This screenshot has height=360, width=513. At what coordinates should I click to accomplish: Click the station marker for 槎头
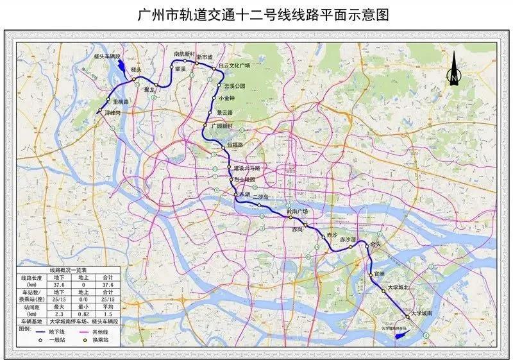click(x=134, y=79)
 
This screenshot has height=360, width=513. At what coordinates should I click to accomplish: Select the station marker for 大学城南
click(x=407, y=316)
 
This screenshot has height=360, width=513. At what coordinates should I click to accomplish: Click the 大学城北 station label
click(x=404, y=287)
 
